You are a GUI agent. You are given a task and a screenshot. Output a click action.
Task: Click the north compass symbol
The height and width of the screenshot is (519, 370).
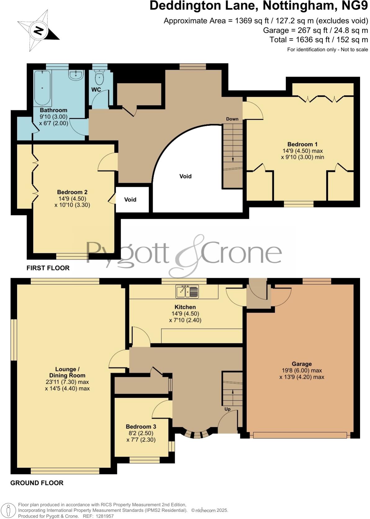pos(38,30)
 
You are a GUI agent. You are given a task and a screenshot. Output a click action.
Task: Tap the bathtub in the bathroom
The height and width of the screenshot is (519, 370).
pos(43,88)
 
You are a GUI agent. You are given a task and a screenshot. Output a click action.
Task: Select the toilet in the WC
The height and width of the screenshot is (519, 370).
pos(99,78)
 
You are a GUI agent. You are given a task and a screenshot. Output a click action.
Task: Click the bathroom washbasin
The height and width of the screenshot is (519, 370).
pos(76,75)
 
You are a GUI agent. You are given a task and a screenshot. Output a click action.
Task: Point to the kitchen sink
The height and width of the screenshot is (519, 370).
pos(187,291)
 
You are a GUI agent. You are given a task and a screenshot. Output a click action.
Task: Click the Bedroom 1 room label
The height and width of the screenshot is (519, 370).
pos(302,144)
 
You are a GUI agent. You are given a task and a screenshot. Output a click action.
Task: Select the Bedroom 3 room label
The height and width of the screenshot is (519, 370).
pos(141,427)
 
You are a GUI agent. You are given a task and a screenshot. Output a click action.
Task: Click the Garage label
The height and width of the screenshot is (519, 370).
pos(302,364)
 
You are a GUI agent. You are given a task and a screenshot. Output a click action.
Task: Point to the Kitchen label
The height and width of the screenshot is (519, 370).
pos(185,307)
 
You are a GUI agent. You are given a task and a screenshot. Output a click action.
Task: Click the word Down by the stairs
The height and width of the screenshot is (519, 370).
pos(232,119)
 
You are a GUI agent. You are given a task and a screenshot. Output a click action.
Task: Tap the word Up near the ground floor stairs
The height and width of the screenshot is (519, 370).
pos(228,409)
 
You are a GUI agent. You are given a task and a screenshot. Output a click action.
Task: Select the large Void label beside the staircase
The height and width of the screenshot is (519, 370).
pos(185,176)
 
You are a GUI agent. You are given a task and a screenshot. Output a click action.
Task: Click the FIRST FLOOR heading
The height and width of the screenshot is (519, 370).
pos(48,268)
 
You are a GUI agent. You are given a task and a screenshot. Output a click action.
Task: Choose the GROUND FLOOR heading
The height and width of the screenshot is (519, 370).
pos(37,483)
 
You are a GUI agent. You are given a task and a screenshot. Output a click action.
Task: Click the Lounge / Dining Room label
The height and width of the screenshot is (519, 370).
pos(67,372)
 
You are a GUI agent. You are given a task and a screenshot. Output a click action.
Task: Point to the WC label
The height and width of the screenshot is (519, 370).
pos(96,90)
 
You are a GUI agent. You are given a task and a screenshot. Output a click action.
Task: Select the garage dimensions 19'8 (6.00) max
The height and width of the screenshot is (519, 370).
pos(302,370)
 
